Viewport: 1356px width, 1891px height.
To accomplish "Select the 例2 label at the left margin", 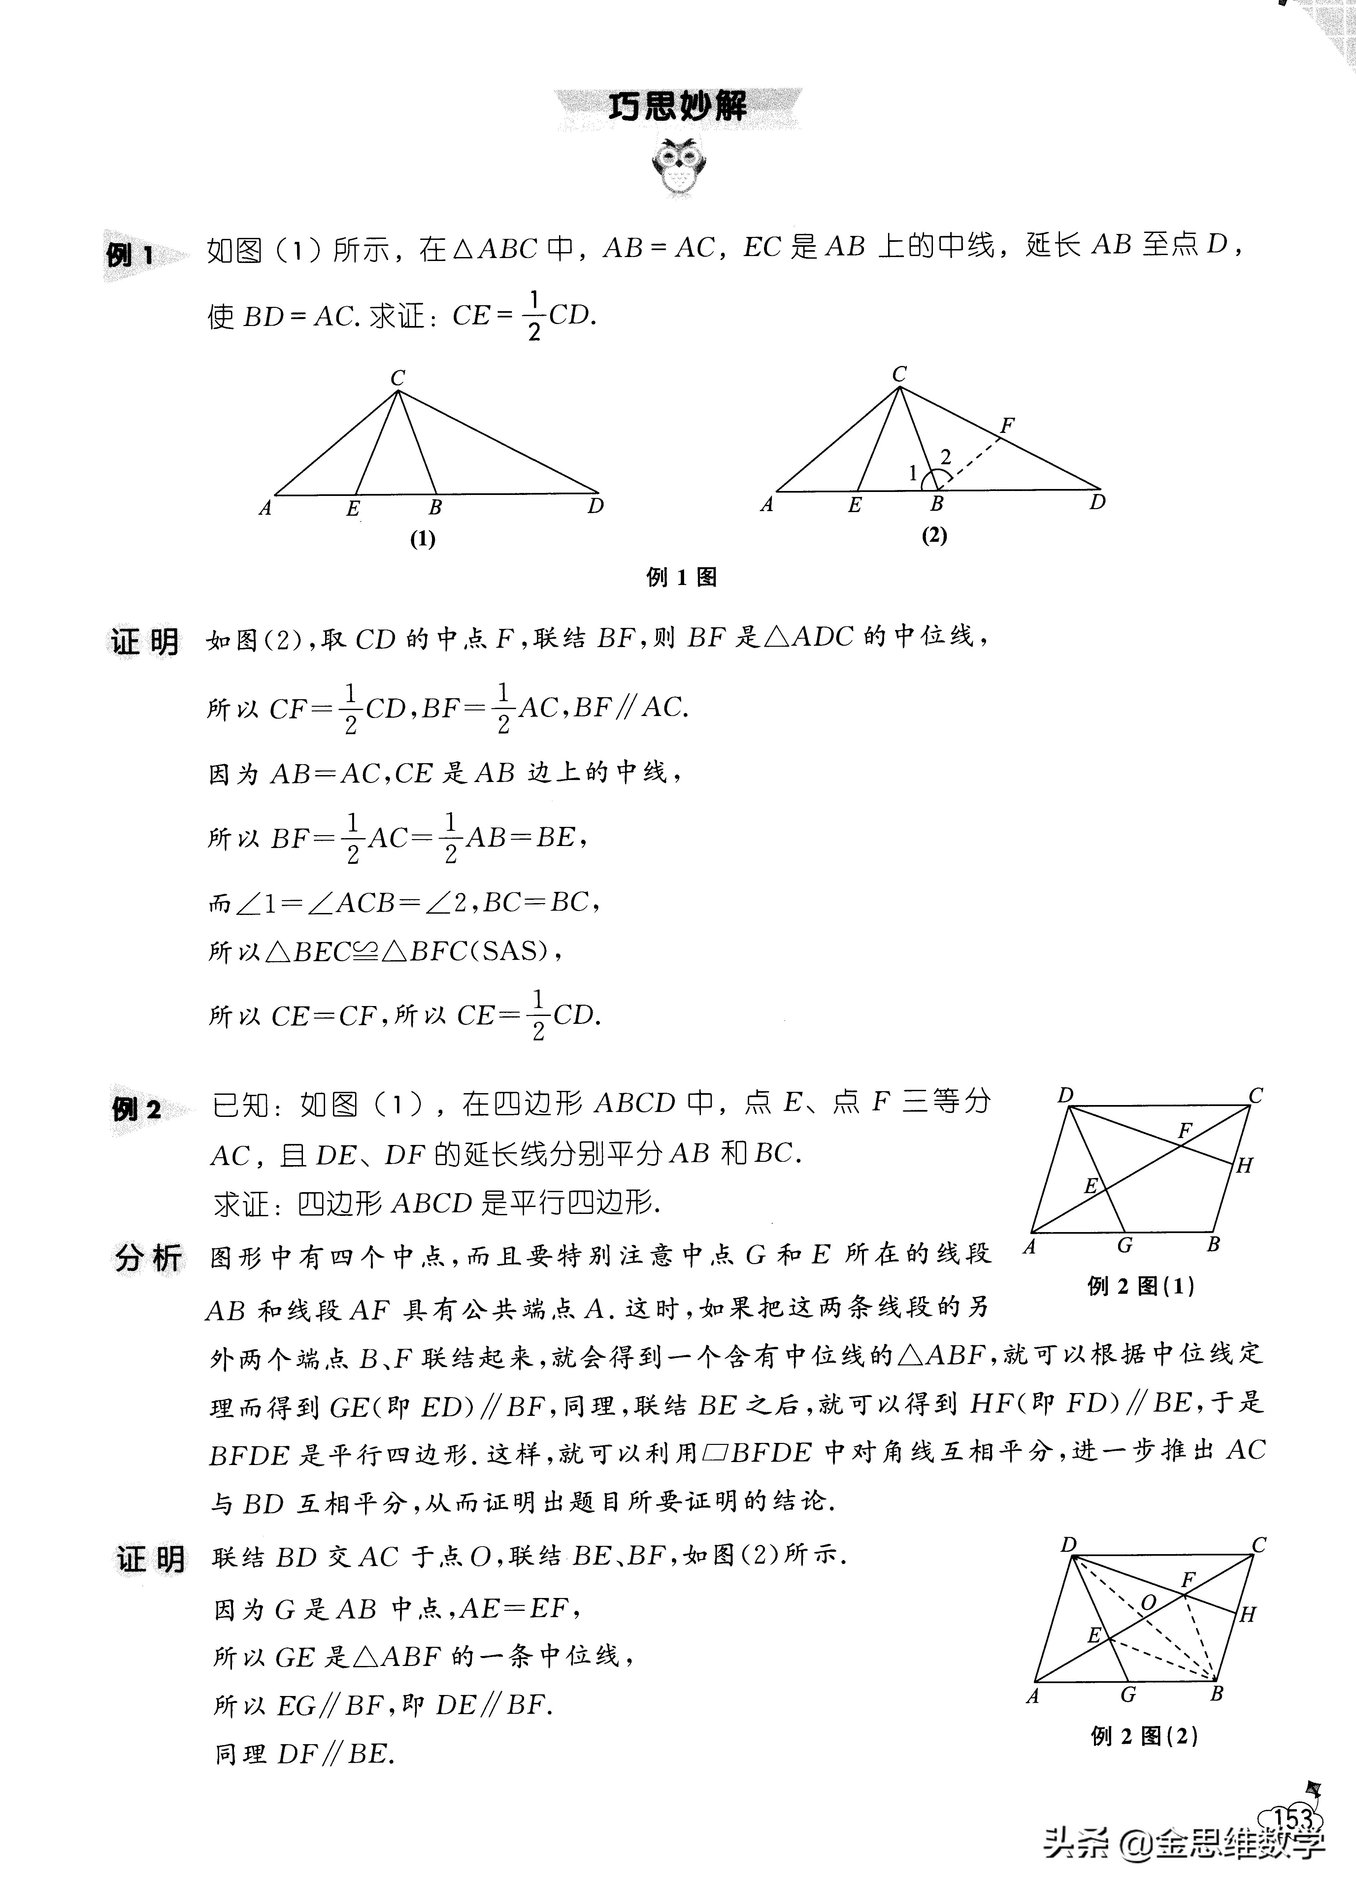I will (136, 1109).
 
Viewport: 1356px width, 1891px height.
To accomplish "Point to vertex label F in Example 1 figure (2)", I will (1008, 425).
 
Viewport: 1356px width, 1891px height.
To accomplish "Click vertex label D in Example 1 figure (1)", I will (595, 506).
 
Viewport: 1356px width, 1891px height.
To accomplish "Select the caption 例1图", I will (681, 577).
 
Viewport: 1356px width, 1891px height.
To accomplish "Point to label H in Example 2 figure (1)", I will (1244, 1166).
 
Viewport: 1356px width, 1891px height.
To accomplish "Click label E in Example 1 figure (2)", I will (854, 505).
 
